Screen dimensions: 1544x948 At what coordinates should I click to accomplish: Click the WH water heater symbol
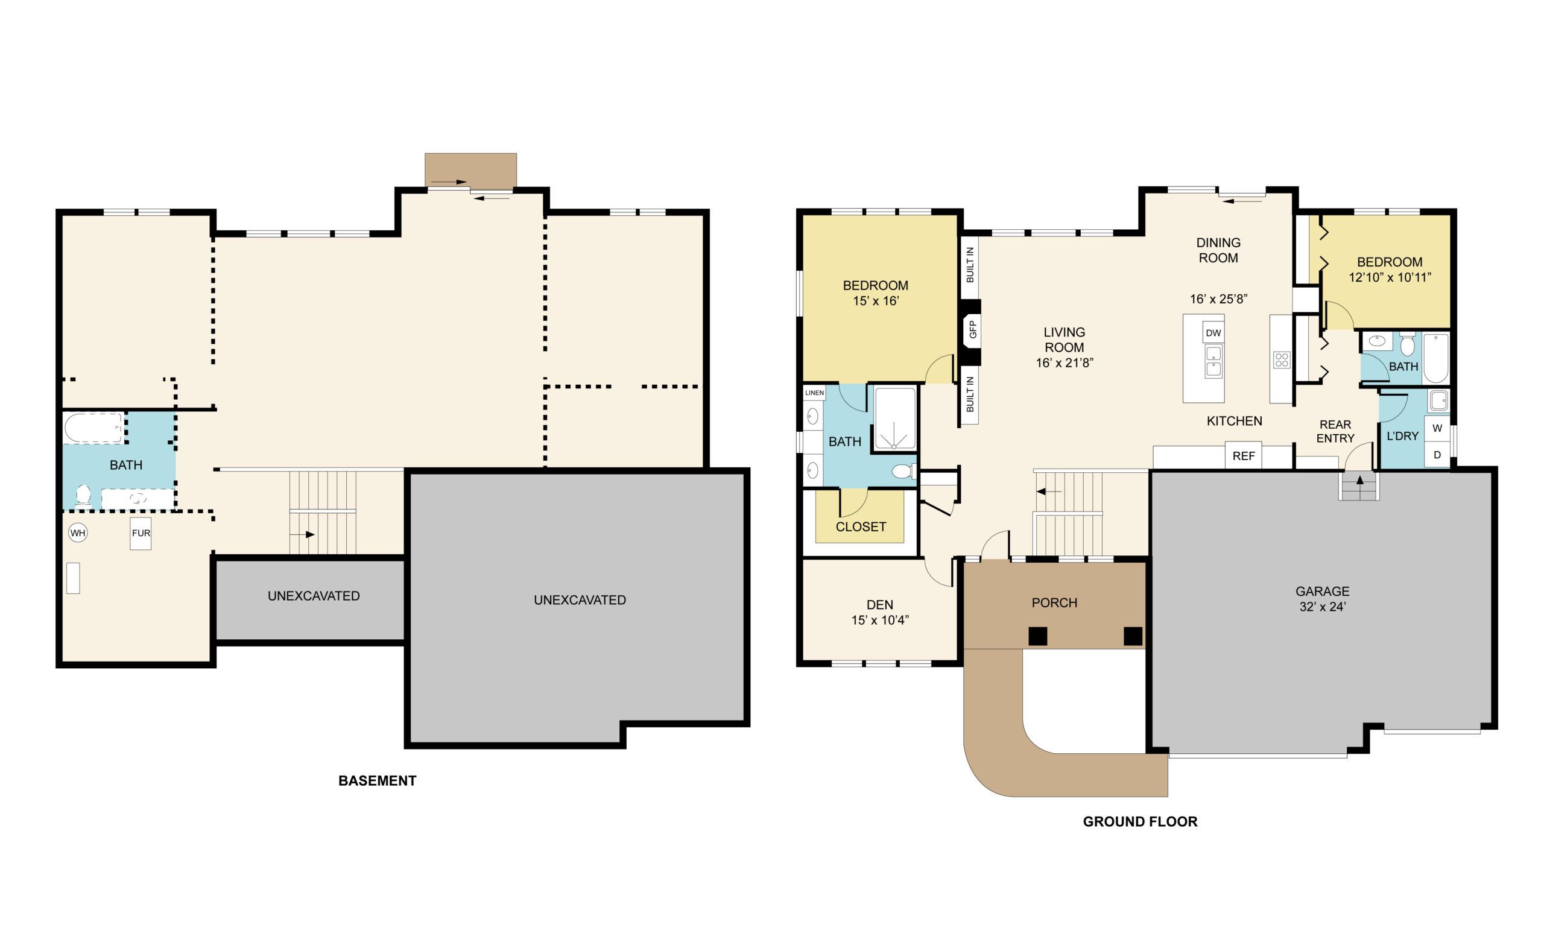pos(78,533)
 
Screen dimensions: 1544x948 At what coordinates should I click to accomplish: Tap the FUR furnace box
pos(141,533)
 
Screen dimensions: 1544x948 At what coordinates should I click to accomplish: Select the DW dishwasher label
pos(1213,333)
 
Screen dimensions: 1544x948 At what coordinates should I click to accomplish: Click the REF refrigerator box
pos(1243,456)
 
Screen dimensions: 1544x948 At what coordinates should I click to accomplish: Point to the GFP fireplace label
pos(973,330)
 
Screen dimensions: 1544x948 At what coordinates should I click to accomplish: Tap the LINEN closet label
pos(814,393)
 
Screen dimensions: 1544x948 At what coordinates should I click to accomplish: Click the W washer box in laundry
pos(1437,428)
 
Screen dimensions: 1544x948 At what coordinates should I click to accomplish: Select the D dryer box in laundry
pos(1437,455)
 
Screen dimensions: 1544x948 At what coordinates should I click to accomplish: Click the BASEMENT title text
pos(378,780)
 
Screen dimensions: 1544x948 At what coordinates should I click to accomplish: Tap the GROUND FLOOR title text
pos(1141,821)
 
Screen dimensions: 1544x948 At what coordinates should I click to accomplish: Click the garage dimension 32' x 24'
pos(1323,606)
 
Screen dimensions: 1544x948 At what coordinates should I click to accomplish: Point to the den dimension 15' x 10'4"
pos(880,620)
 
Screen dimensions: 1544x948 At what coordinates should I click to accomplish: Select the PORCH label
pos(1054,602)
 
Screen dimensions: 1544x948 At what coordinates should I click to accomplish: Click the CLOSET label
pos(861,526)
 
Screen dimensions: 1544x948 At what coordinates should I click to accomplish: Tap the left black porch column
pos(1037,636)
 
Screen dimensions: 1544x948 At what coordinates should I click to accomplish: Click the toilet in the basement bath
pos(83,495)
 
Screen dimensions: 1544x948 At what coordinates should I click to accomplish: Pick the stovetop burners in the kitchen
pos(1281,360)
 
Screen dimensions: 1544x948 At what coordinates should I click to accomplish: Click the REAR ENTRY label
pos(1335,431)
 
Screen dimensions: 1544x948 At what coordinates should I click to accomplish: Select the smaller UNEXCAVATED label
pos(314,596)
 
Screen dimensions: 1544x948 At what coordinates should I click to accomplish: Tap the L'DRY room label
pos(1402,436)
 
